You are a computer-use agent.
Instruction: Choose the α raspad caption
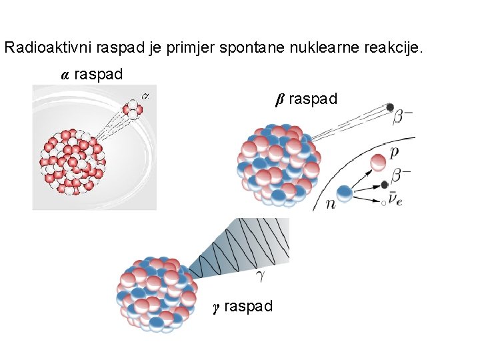[92, 75]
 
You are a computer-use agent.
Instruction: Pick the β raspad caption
[307, 99]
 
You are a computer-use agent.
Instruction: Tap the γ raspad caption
[243, 307]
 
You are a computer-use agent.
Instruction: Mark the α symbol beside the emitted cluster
[146, 95]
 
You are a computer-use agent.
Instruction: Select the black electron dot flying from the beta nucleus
[390, 107]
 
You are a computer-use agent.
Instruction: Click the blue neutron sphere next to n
[344, 193]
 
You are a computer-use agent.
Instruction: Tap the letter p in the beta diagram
[395, 153]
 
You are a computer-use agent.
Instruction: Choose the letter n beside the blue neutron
[331, 204]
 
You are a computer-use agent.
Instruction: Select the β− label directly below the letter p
[400, 176]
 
